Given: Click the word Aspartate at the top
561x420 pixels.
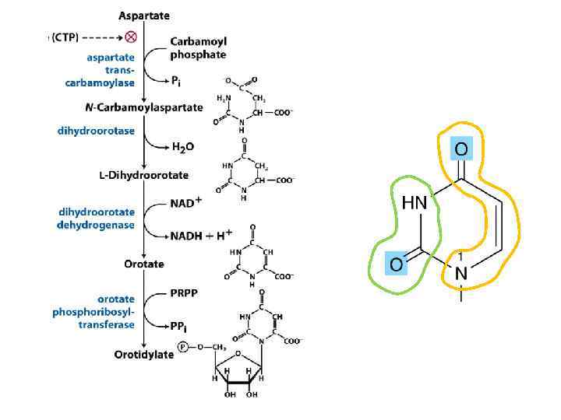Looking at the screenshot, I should coord(143,16).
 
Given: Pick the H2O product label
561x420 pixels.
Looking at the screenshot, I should coord(183,151).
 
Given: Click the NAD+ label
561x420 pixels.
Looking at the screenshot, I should coord(186,204).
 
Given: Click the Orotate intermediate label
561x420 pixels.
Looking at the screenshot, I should coord(144,264).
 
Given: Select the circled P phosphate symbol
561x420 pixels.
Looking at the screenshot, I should coord(182,348).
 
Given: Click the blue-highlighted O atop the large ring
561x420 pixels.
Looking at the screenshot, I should coord(461,149).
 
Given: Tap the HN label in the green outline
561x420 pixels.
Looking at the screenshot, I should coord(415,203).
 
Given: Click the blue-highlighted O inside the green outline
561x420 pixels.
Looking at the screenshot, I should coord(396,265).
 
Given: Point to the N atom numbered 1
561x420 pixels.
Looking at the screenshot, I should coord(461,273).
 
